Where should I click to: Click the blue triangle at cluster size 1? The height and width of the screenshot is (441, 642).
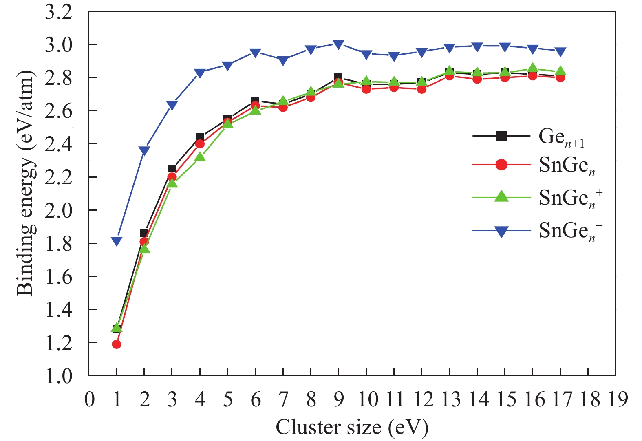click(x=117, y=241)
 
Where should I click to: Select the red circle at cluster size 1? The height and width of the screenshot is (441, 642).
click(x=117, y=344)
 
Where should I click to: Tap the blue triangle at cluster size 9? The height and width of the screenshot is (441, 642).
click(x=338, y=44)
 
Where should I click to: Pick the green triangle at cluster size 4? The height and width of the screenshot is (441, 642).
click(x=200, y=157)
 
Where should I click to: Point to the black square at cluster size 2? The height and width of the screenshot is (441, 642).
click(x=144, y=234)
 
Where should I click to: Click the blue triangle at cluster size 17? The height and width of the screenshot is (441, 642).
click(x=560, y=52)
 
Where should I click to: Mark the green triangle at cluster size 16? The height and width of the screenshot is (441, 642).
click(x=532, y=68)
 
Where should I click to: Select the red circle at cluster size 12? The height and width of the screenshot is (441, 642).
click(x=421, y=89)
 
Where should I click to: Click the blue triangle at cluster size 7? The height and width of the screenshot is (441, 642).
click(x=283, y=61)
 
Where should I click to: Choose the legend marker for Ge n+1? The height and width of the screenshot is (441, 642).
click(x=501, y=136)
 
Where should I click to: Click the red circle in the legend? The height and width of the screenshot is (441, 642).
click(x=501, y=165)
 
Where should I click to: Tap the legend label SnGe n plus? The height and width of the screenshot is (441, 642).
click(x=570, y=198)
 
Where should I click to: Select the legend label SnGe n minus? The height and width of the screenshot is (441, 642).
click(x=570, y=231)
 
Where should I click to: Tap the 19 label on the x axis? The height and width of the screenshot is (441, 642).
click(x=617, y=399)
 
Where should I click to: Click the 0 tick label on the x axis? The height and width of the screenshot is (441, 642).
click(x=89, y=399)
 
